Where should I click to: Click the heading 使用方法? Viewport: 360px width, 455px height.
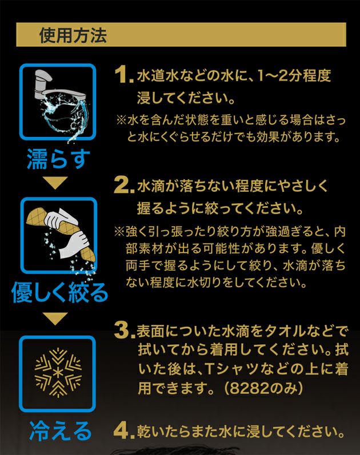pos(73,35)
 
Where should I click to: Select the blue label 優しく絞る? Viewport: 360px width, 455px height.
pos(59,292)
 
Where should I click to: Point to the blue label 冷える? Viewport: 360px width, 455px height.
pos(60,430)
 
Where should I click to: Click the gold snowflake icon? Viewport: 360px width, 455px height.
pos(58,372)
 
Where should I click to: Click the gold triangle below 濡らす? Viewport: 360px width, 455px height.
pos(55,183)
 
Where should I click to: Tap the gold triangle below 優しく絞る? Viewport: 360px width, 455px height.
pos(55,319)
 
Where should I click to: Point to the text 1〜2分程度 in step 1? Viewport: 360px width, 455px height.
pos(294,75)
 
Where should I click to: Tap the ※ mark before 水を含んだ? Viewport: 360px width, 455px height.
pos(121,119)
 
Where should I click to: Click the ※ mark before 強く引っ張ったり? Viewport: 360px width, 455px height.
pos(119,232)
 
